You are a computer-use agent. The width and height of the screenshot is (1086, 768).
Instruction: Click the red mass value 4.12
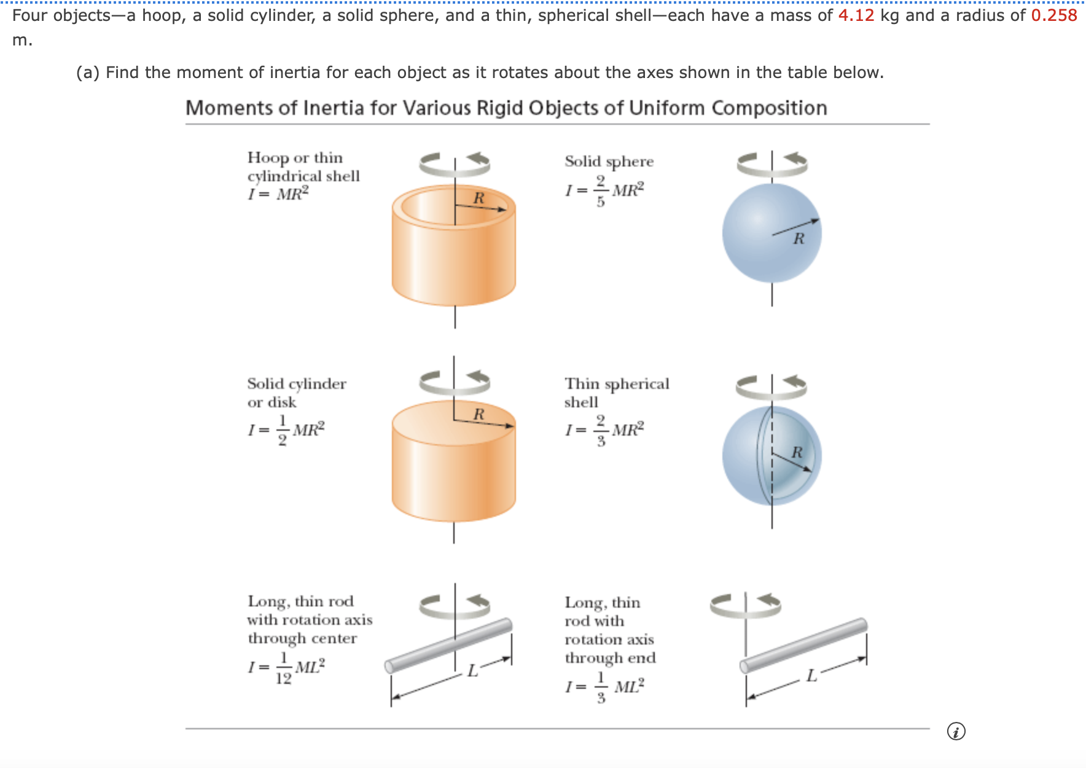point(856,15)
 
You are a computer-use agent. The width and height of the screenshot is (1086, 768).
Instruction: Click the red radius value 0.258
point(1053,15)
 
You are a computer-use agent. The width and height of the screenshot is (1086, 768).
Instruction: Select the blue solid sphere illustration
point(772,233)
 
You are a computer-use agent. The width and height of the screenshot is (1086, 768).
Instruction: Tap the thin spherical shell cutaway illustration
point(772,456)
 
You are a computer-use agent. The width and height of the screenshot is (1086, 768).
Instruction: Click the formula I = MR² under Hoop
point(278,194)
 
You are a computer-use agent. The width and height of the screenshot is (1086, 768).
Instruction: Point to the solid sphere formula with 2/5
point(604,190)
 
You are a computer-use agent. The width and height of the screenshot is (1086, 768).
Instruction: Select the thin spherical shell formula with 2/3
point(604,430)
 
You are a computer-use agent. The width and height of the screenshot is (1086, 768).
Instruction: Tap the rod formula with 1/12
point(286,668)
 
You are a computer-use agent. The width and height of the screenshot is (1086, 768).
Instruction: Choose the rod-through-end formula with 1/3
point(604,687)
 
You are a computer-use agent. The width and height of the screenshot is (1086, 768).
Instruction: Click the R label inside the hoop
point(479,198)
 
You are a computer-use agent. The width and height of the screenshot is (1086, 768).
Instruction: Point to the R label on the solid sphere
point(798,238)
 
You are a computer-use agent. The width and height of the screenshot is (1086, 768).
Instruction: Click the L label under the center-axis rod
point(472,670)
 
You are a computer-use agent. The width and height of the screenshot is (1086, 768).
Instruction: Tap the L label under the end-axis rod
point(811,676)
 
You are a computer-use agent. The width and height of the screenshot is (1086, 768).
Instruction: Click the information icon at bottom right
point(956,731)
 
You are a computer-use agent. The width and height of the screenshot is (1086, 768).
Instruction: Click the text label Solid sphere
point(609,162)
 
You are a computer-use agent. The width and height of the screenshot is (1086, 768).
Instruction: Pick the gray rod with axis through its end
point(803,646)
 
